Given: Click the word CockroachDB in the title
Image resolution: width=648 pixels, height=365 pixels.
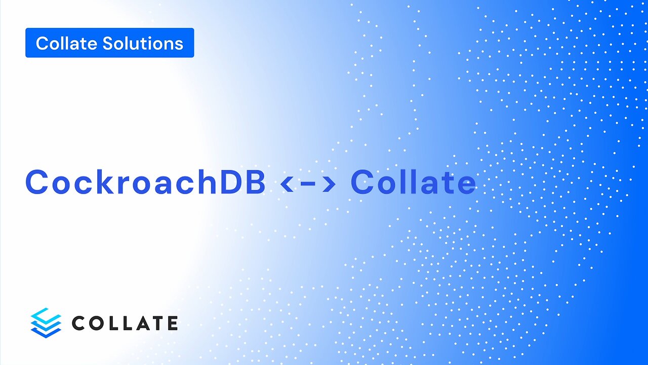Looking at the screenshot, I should coord(145,182).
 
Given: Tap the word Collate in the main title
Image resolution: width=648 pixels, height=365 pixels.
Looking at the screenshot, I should coord(413,182).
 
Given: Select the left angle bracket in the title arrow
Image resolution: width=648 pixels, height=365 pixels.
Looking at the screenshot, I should coord(287,184).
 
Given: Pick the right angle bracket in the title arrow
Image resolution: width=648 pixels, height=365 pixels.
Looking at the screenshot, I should coord(329,184).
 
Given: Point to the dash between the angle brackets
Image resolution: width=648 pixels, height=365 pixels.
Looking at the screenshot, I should coord(308,185).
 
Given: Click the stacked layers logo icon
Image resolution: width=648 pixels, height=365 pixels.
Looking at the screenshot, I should coord(46,322).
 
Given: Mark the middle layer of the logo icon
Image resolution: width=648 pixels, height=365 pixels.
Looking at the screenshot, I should coord(46,323).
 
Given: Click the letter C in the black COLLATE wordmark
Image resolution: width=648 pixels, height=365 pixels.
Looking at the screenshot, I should coord(79,323).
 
